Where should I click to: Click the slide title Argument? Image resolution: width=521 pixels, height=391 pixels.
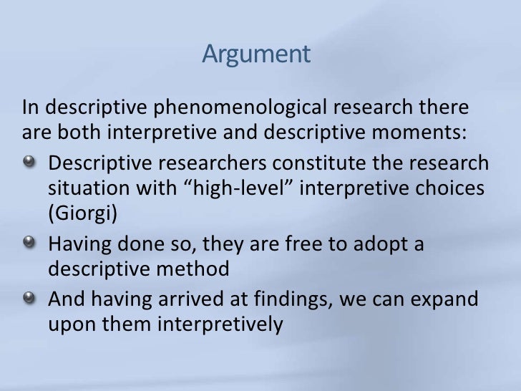pyautogui.click(x=256, y=55)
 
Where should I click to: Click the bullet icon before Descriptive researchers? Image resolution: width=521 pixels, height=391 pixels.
pyautogui.click(x=31, y=159)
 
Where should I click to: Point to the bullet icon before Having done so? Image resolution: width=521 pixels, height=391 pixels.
pyautogui.click(x=31, y=244)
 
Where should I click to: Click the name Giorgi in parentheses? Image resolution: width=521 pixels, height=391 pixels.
pyautogui.click(x=79, y=214)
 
